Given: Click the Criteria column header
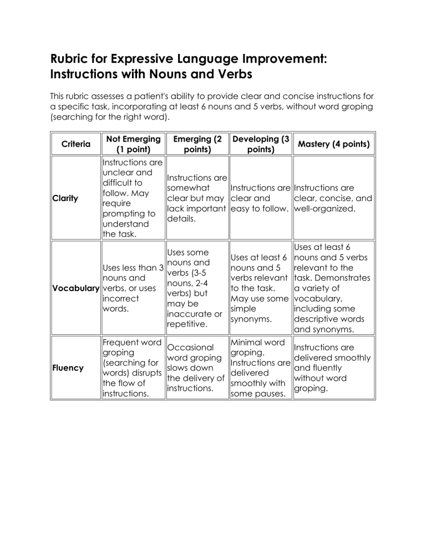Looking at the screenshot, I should tap(75, 144).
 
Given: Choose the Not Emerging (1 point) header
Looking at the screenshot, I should tap(132, 144).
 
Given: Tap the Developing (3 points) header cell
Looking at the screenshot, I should tap(260, 144).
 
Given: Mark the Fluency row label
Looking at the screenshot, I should tap(68, 368).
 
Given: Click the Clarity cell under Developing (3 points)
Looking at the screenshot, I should tap(260, 198).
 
